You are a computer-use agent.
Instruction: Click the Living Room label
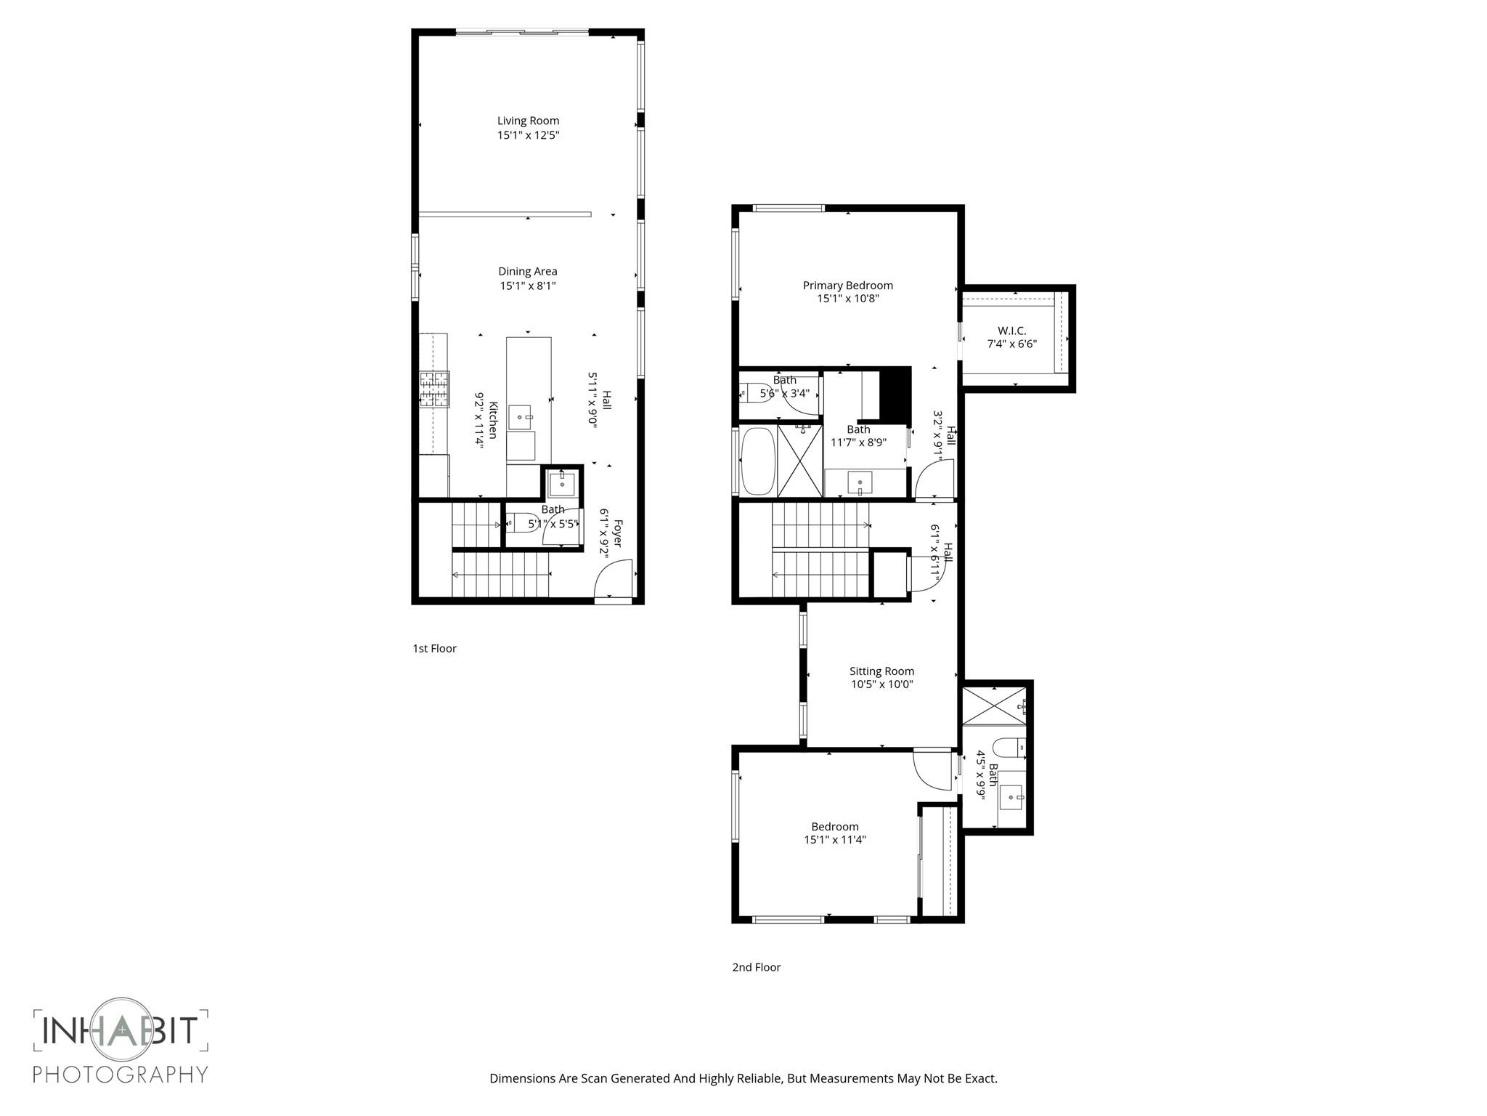[x=528, y=121]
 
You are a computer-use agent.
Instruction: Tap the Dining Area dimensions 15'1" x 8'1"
[x=528, y=286]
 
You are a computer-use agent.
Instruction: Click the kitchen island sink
[x=520, y=418]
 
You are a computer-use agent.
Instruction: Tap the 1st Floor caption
[x=434, y=648]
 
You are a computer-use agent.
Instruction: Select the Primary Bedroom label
[x=847, y=286]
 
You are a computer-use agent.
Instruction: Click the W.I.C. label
[x=1011, y=331]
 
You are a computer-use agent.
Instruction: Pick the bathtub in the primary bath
[x=757, y=461]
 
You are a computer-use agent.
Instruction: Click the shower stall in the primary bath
[x=799, y=461]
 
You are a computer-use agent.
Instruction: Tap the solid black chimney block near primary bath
[x=895, y=395]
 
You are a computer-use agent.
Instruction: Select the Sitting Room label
[x=881, y=671]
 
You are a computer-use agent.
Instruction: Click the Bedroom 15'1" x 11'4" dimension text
[x=835, y=840]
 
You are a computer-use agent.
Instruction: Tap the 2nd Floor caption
[x=756, y=967]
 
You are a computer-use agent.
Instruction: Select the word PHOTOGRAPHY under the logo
[x=121, y=1074]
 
